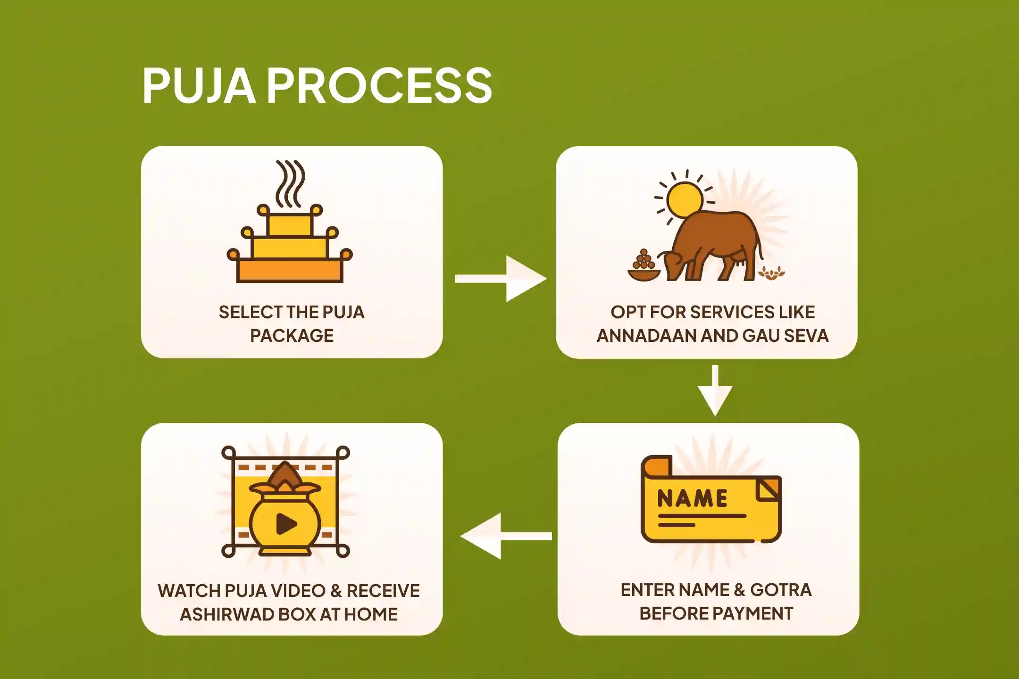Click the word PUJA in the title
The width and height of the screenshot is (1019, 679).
tap(199, 85)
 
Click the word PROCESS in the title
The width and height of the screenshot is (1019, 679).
tap(380, 85)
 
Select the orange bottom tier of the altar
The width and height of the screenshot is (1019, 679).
tap(290, 270)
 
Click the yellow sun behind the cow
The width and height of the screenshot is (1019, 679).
tap(685, 199)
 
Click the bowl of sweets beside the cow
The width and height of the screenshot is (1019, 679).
tap(643, 269)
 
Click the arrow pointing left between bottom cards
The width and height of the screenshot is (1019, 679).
tap(505, 536)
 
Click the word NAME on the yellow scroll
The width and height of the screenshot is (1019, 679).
tap(692, 498)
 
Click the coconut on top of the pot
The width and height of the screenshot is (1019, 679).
tap(284, 474)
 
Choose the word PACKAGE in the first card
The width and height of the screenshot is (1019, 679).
tap(292, 336)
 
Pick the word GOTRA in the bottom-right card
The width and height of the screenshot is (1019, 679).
tap(781, 590)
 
